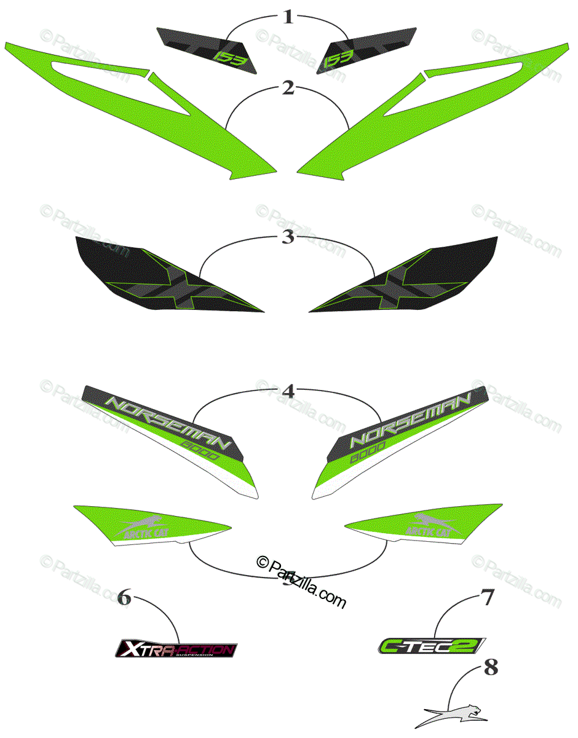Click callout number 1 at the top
288,17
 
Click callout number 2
288,88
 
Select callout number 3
288,237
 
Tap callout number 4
288,390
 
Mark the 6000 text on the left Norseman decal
220,451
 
